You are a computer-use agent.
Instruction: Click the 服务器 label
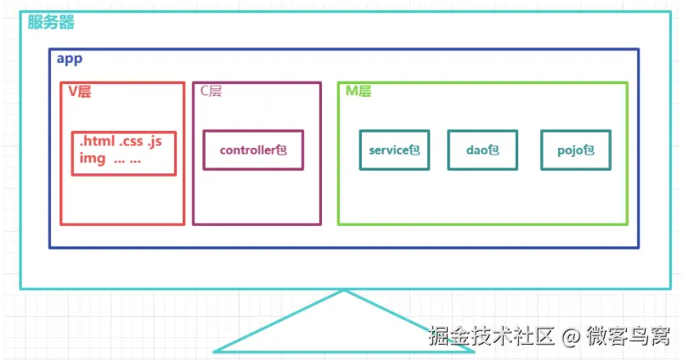51,22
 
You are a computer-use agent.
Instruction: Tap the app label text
70,59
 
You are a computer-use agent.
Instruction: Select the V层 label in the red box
80,92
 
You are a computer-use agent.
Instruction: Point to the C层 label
212,91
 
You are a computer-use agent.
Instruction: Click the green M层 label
358,91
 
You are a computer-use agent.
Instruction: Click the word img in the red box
93,158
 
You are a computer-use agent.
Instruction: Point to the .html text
97,141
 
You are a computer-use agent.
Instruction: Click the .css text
131,142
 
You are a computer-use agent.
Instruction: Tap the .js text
155,142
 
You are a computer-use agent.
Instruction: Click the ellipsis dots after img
127,161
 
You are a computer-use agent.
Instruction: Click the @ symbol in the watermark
571,336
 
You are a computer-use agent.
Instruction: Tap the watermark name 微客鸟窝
628,335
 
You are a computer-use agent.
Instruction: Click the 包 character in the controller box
281,149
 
